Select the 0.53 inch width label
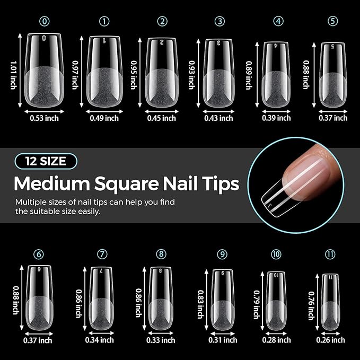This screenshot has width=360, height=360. point(45,118)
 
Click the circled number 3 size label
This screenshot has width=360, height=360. point(219,21)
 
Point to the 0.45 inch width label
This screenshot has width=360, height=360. point(162,118)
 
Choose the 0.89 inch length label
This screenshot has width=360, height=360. point(248,74)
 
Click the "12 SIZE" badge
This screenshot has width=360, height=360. point(46,161)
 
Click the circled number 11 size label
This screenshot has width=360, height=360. point(331,254)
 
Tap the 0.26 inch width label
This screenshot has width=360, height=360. point(331,340)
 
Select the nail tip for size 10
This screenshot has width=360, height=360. point(276,300)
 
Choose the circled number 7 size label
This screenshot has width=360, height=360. point(102,254)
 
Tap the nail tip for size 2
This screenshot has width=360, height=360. point(161,73)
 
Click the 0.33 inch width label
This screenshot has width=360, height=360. point(161,340)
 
